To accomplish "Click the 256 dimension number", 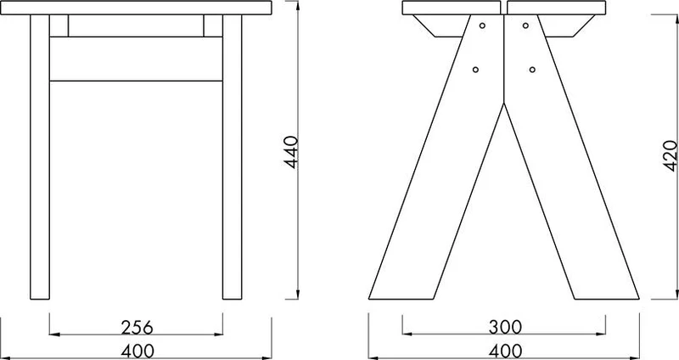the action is (137, 328).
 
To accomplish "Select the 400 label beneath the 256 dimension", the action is (137, 351).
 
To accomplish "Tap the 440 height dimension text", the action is (292, 152).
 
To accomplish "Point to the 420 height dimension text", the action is (670, 155).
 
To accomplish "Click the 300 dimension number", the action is (505, 327).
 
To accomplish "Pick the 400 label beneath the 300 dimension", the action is (505, 351).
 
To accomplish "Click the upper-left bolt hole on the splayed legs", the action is (482, 25).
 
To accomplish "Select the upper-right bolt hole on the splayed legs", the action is (525, 25).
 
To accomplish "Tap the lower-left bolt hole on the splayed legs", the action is (475, 70).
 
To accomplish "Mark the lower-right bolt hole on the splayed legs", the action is (532, 70).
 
